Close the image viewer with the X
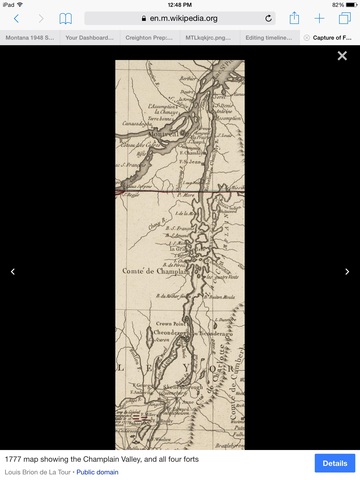tap(343, 56)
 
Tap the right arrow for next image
tap(347, 271)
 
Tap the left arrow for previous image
tap(13, 271)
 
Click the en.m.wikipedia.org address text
tap(184, 18)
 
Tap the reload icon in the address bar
tap(268, 18)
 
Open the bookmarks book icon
tap(66, 18)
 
